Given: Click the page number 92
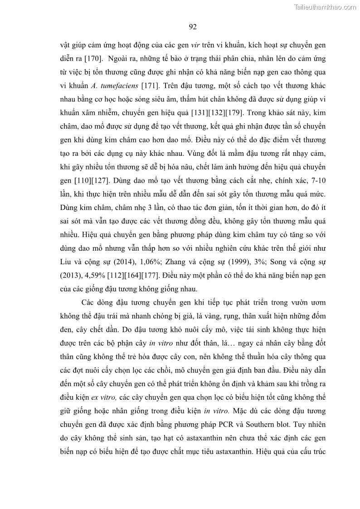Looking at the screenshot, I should click(192, 27).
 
